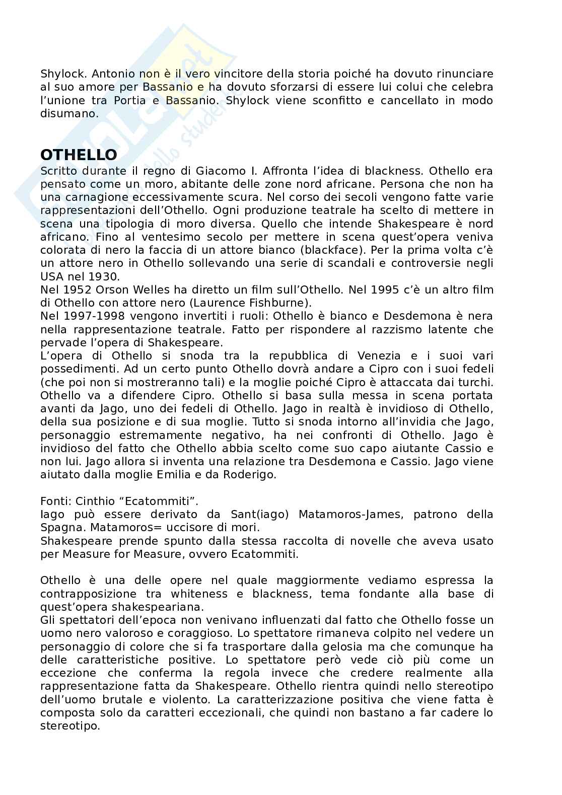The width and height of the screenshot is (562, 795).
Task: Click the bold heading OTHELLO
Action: (x=79, y=155)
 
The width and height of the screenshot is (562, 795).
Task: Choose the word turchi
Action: (x=475, y=382)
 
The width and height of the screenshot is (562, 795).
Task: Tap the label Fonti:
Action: (x=56, y=501)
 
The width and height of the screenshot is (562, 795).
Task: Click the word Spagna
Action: (x=61, y=528)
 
